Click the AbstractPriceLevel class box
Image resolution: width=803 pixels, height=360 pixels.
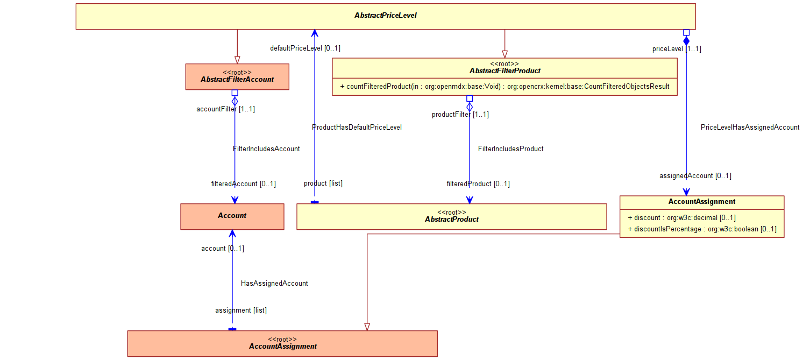tap(386, 17)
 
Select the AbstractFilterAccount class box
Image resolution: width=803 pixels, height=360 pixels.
tap(237, 77)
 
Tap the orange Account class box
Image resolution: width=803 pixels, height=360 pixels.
tap(232, 216)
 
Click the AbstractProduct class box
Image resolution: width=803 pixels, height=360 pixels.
tap(452, 216)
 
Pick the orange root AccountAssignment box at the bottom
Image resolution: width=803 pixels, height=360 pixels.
tap(282, 343)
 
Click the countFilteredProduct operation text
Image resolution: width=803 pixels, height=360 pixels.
tap(504, 87)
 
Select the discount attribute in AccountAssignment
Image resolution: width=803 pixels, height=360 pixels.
tap(682, 217)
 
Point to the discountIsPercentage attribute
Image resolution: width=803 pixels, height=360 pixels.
tap(702, 229)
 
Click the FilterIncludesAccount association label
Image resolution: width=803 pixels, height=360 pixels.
tap(266, 149)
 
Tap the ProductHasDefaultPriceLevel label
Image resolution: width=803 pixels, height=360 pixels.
tap(357, 128)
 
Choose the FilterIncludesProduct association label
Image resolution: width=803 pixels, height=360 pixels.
tap(511, 149)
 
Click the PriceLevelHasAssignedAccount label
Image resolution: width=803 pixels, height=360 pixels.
tap(750, 128)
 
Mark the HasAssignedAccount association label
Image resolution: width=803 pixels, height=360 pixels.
tap(274, 283)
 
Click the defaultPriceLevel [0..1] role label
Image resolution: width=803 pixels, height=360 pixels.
tap(305, 48)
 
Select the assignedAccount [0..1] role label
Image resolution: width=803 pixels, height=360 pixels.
tap(695, 176)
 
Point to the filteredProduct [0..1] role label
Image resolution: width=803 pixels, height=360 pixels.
tap(478, 183)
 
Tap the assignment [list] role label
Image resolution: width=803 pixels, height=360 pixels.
tap(241, 310)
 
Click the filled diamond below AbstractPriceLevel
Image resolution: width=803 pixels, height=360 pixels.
tap(686, 41)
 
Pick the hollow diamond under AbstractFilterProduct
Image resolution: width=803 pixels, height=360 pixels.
tap(470, 107)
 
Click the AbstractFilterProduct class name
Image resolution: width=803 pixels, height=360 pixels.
tap(504, 71)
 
